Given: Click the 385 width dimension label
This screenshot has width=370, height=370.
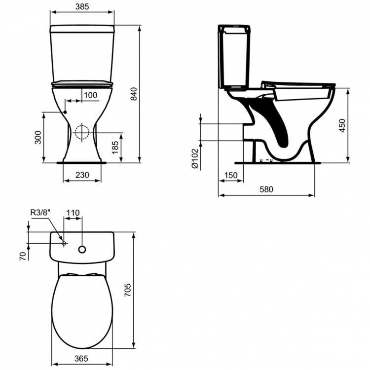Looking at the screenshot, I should click(x=82, y=6).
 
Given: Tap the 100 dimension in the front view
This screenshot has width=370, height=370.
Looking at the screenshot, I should click(x=90, y=95).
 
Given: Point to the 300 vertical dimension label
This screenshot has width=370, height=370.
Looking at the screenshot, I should click(x=38, y=138).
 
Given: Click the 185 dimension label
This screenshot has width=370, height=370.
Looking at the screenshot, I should click(x=115, y=147).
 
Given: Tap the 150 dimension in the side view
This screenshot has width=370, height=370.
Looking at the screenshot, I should click(x=230, y=176).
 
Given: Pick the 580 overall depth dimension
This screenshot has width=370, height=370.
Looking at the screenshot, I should click(x=266, y=189).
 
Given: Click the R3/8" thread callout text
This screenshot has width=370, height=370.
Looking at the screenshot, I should click(x=41, y=213).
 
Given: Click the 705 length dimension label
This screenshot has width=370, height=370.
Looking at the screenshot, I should click(x=128, y=290).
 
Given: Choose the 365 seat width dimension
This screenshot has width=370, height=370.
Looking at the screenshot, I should click(x=82, y=359).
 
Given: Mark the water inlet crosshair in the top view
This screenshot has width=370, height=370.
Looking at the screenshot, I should click(x=64, y=243).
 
